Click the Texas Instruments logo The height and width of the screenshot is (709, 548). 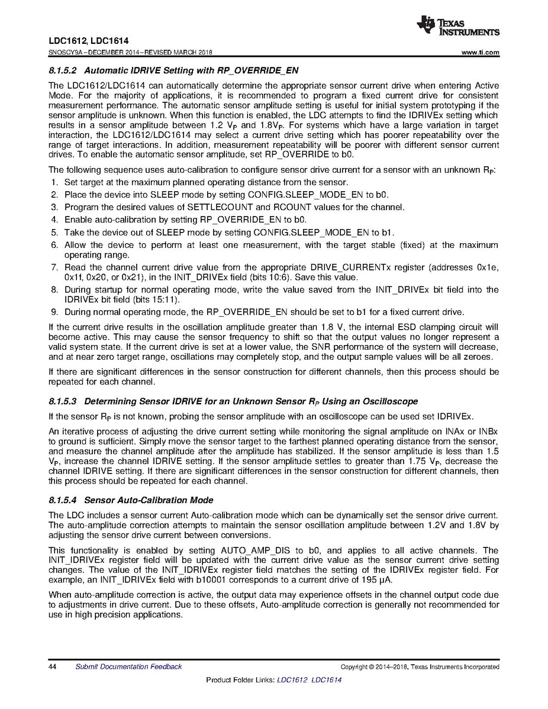pos(458,25)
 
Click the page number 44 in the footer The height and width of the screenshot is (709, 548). pos(52,667)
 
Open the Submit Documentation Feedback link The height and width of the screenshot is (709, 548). pos(128,667)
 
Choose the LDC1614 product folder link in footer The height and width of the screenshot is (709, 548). pos(326,680)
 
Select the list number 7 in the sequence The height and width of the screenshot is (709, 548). pos(53,268)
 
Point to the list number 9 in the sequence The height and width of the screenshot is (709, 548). pos(53,312)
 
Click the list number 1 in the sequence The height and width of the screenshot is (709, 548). pos(53,182)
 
